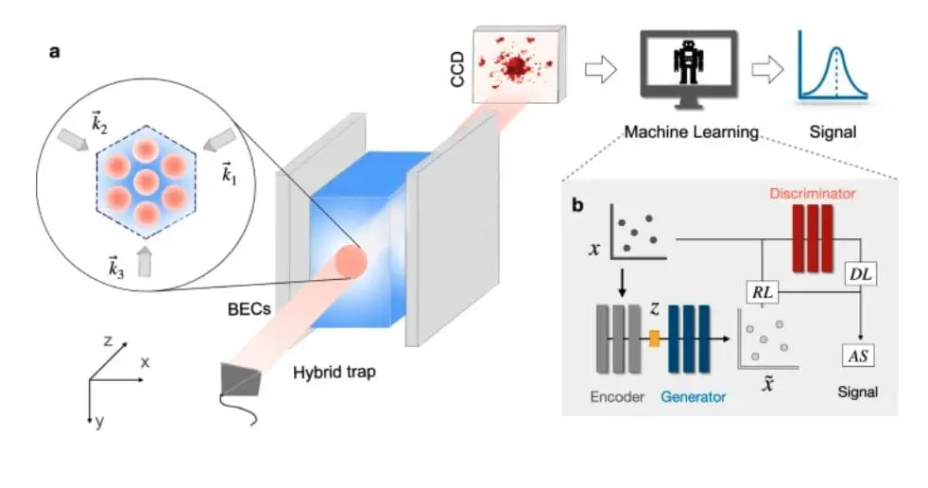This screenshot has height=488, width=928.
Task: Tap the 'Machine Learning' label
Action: [x=692, y=132]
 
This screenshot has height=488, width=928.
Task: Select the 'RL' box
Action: [x=762, y=292]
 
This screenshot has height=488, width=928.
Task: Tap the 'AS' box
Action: [x=859, y=356]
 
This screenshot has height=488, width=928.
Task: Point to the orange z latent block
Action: [x=653, y=336]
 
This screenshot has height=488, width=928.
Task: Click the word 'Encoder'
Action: [x=617, y=396]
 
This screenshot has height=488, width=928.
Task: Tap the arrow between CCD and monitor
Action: [x=600, y=68]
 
